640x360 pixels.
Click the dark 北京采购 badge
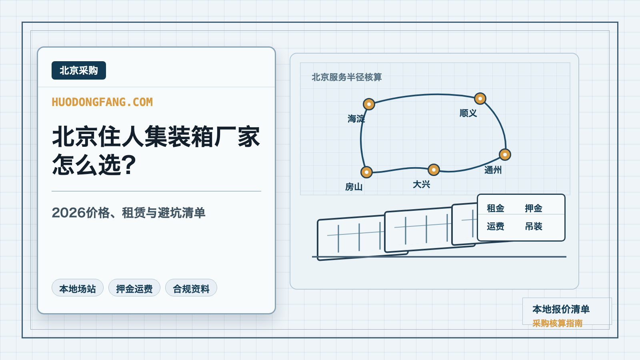click(78, 70)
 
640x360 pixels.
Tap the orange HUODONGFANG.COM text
click(102, 102)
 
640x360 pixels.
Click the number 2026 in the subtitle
click(68, 212)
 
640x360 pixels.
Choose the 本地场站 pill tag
click(78, 288)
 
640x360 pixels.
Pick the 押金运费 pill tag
click(134, 288)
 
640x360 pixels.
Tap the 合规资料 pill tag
click(191, 288)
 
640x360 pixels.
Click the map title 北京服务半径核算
click(346, 77)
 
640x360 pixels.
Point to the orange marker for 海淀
click(369, 104)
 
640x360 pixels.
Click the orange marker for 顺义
click(480, 98)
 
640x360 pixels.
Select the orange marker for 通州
click(505, 154)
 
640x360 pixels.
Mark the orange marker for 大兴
click(434, 170)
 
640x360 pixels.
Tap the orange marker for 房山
click(366, 172)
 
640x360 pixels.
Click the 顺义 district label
click(468, 113)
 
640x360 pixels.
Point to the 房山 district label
click(354, 187)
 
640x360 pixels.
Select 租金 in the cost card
click(496, 208)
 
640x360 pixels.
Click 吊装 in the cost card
click(534, 226)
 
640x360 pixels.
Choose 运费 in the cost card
click(496, 226)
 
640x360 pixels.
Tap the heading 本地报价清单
click(561, 309)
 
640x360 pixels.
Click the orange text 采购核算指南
click(557, 323)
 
